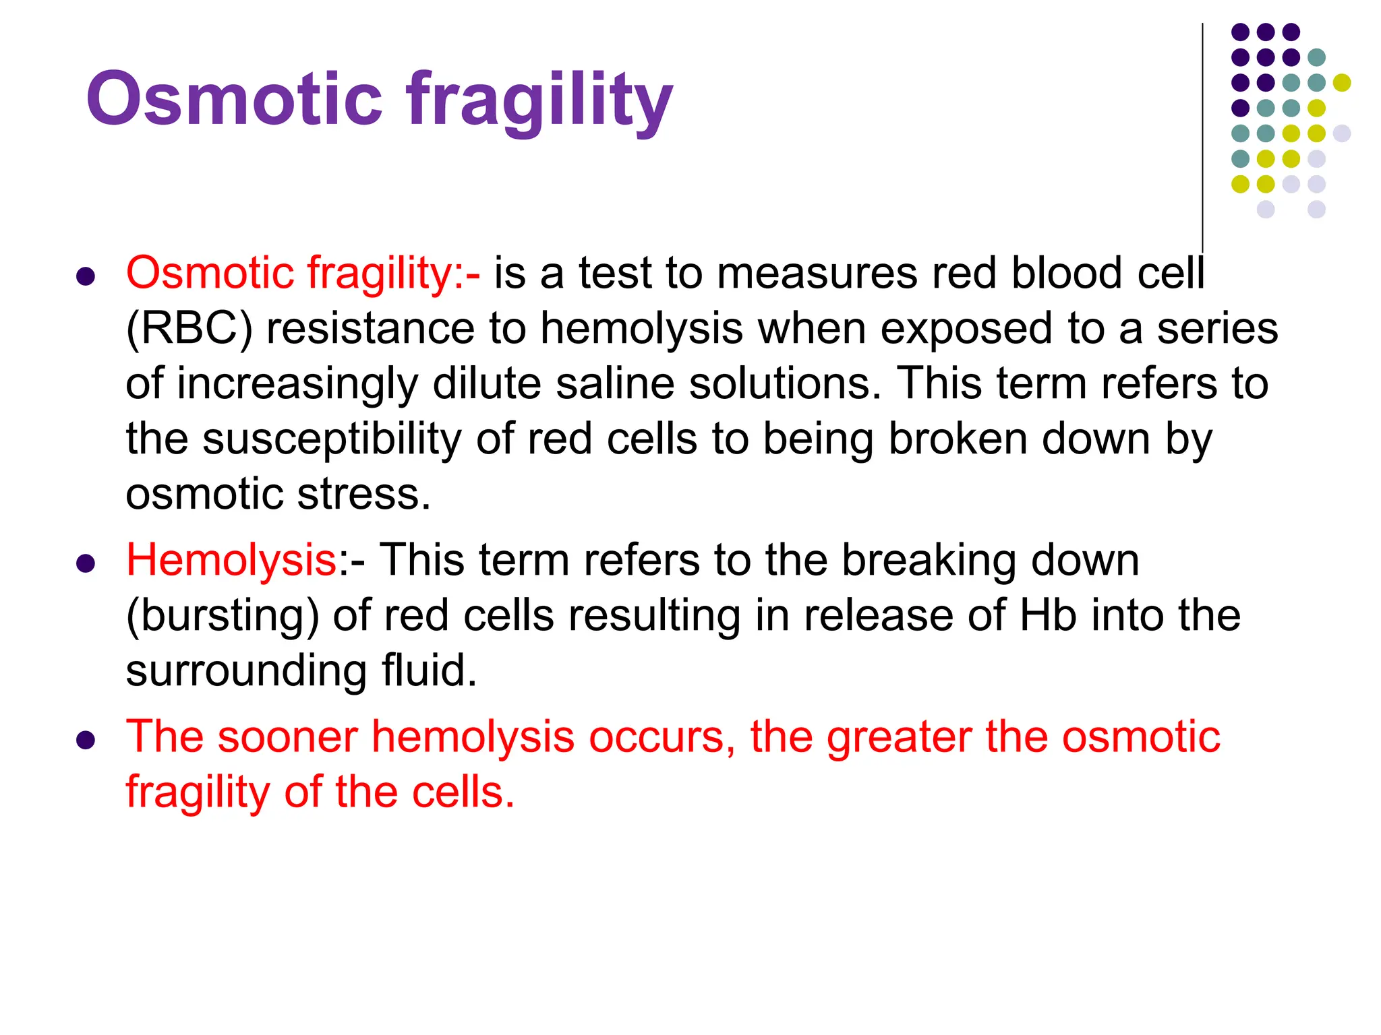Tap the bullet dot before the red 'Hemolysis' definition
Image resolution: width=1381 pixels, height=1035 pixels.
click(86, 563)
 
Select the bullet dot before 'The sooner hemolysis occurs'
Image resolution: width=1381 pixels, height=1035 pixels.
click(86, 739)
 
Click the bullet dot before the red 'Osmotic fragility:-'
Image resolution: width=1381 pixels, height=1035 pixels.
click(86, 276)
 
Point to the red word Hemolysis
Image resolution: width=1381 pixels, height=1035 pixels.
click(231, 561)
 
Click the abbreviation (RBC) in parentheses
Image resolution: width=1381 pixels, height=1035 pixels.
click(189, 330)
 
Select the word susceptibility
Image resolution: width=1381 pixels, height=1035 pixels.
click(332, 440)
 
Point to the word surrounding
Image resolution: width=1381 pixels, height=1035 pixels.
click(246, 672)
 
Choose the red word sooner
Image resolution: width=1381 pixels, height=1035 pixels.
click(287, 736)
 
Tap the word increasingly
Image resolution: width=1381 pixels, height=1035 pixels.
click(297, 385)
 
